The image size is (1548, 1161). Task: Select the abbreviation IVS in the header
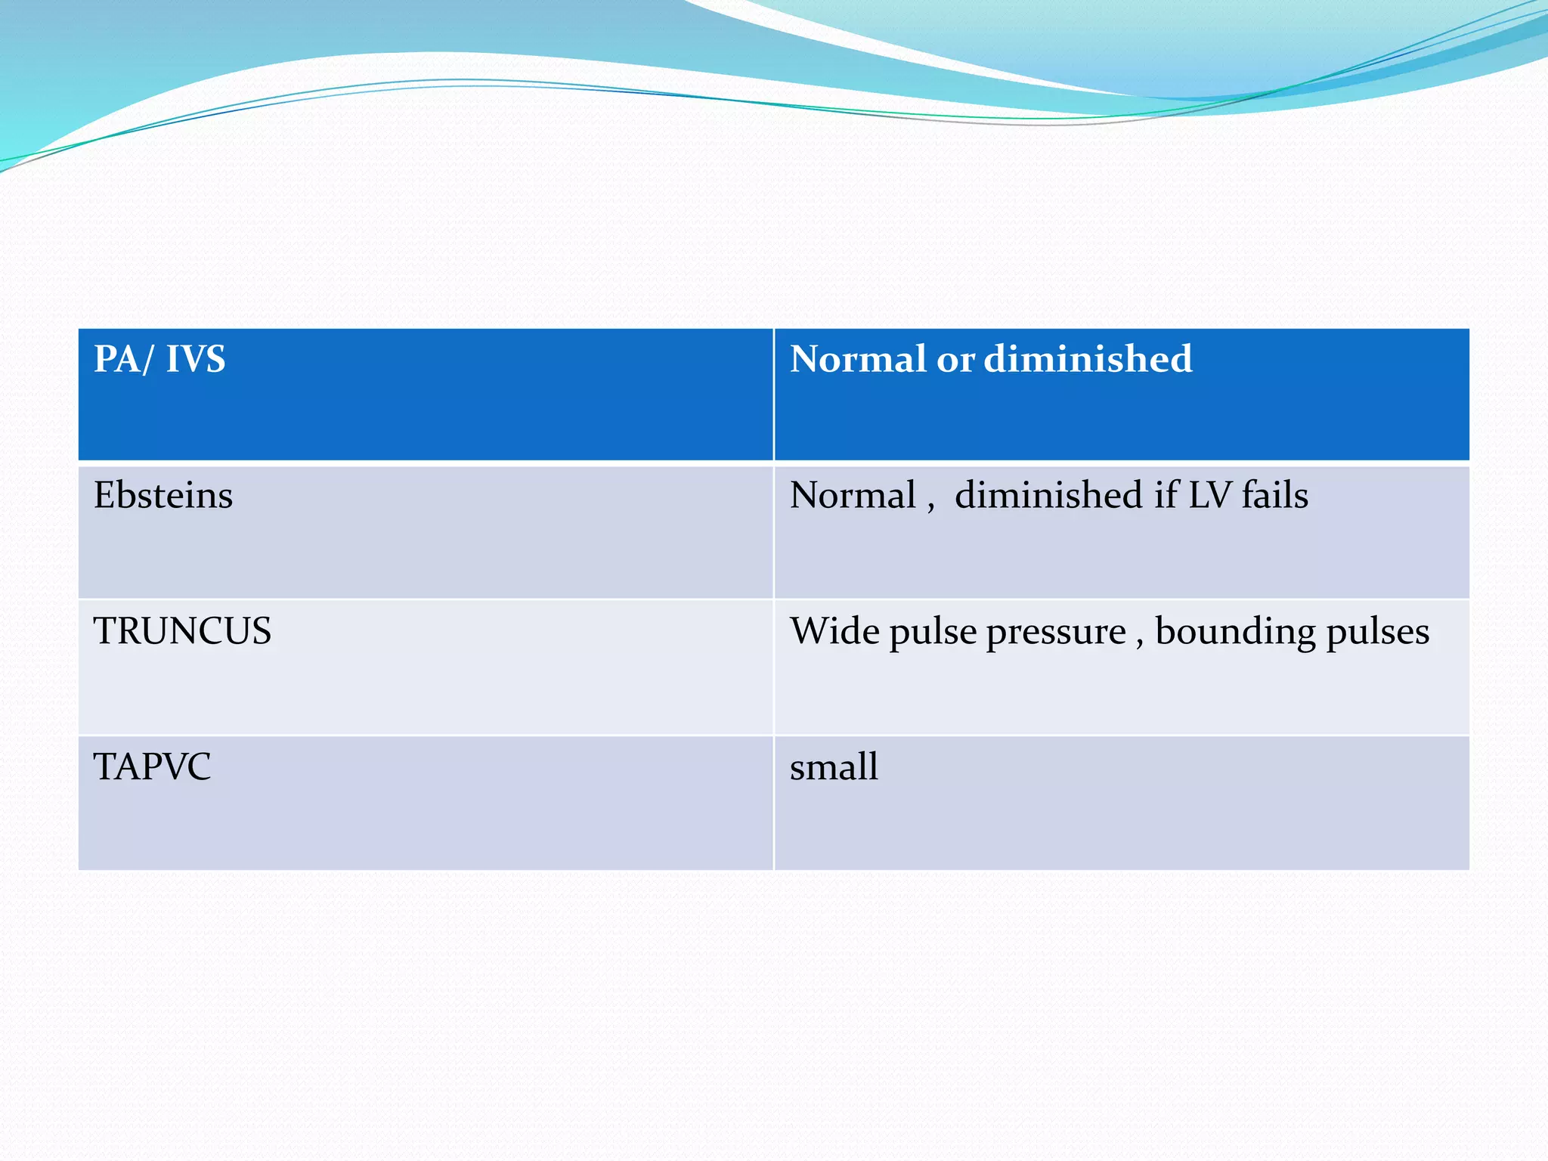[x=195, y=359]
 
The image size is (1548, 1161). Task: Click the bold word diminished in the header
[x=1088, y=359]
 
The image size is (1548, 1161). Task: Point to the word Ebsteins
[x=163, y=496]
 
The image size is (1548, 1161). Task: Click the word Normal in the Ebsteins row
[x=853, y=496]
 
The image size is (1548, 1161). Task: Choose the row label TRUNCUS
[x=182, y=631]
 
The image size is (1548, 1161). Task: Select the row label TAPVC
[x=152, y=766]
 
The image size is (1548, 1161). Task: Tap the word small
[x=834, y=766]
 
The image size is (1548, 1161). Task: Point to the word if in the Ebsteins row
[x=1166, y=496]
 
